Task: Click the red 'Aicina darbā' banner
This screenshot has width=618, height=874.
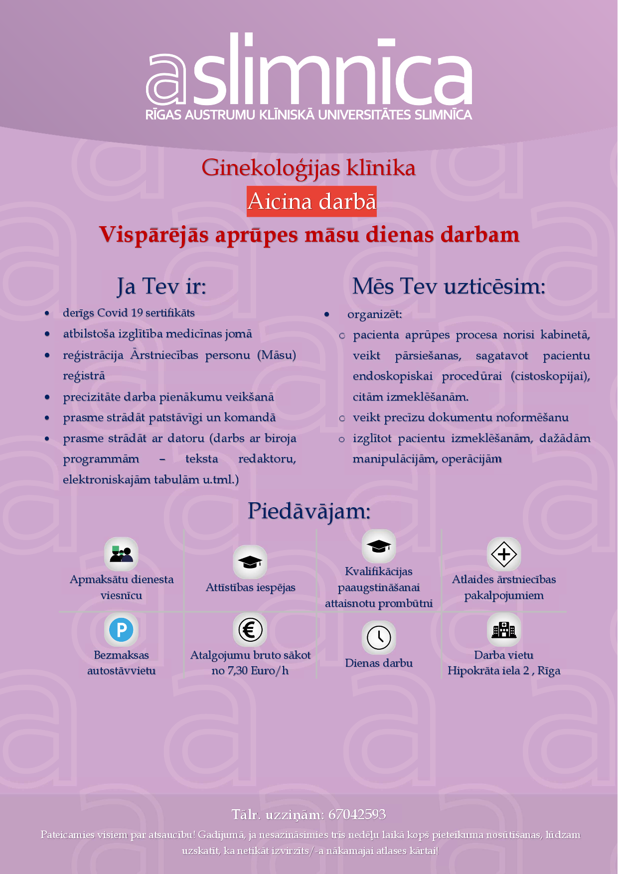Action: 311,201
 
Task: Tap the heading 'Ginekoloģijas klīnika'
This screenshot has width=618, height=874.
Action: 309,167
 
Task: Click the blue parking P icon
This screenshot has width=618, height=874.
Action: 121,630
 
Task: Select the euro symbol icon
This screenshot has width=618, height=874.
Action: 250,630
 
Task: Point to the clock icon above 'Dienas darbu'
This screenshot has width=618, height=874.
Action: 379,637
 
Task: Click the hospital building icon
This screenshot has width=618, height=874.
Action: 504,630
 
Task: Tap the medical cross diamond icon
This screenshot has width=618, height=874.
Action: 504,554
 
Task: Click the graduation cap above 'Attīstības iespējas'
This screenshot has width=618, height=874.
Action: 250,562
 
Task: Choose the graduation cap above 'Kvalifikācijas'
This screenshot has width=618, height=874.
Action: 379,546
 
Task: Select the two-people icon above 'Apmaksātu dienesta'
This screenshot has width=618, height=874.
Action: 121,554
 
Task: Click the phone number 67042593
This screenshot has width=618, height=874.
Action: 357,814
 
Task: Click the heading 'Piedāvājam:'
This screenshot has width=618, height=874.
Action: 309,511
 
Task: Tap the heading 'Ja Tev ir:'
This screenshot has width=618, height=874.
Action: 161,287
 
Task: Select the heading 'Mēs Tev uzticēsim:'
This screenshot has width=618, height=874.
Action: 449,287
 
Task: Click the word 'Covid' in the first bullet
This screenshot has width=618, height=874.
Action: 113,313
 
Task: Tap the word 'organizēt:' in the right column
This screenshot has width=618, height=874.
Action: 374,314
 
